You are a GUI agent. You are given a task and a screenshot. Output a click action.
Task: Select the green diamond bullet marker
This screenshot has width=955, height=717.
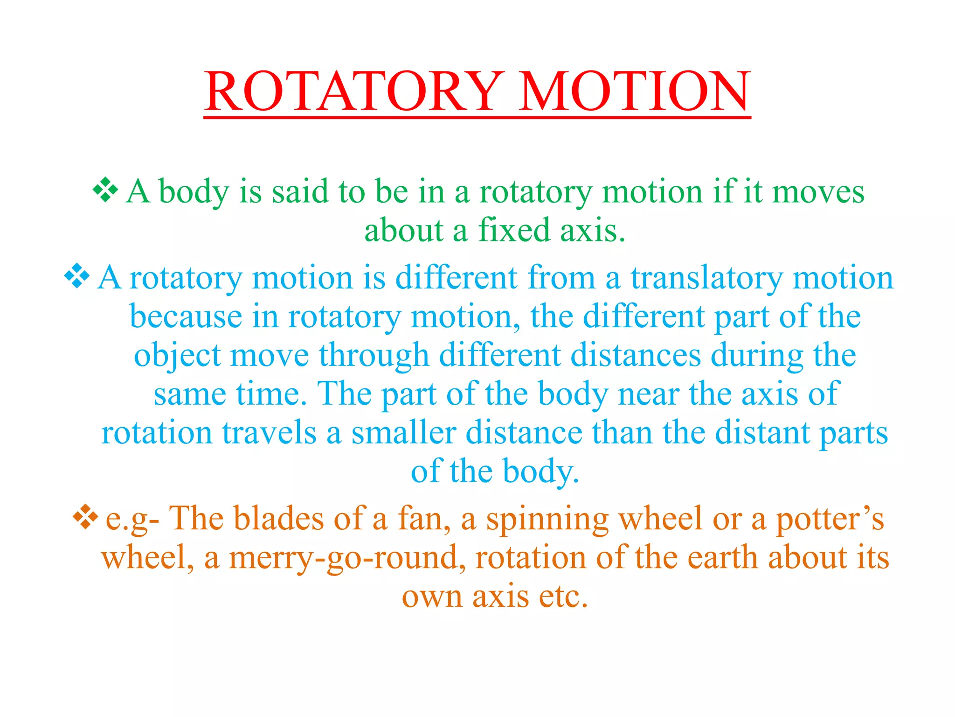(x=105, y=190)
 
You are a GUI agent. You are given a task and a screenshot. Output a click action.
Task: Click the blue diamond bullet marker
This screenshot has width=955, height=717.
(x=76, y=276)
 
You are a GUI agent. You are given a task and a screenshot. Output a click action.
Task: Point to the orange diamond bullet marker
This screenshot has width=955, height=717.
(x=85, y=517)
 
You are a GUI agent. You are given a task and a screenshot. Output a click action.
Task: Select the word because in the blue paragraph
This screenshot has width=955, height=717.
(x=186, y=316)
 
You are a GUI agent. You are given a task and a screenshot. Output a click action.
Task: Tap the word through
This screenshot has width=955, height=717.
(x=374, y=356)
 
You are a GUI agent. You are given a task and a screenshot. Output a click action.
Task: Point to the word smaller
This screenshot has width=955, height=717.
(x=403, y=433)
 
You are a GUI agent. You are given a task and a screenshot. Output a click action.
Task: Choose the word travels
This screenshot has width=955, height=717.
(x=269, y=433)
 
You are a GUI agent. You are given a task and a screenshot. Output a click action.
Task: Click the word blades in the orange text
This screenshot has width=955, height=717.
(x=278, y=519)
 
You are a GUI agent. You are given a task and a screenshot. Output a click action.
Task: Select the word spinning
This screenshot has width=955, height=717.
(x=547, y=520)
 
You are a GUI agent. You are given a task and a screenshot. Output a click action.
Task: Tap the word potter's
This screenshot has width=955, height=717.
(x=830, y=519)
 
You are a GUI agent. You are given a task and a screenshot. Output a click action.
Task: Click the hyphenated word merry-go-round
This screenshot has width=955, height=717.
(x=347, y=558)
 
